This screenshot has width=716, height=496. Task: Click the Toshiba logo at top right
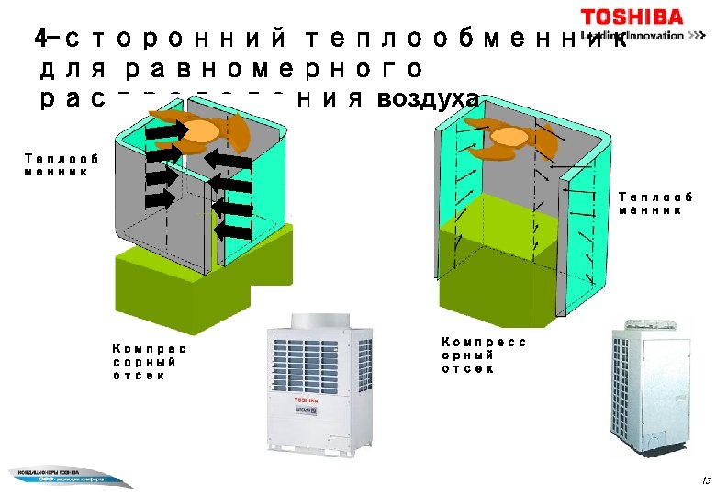click(632, 17)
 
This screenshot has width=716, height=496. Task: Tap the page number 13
click(704, 480)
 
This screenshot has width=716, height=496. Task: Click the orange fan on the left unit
click(196, 133)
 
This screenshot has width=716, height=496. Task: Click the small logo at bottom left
click(60, 476)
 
